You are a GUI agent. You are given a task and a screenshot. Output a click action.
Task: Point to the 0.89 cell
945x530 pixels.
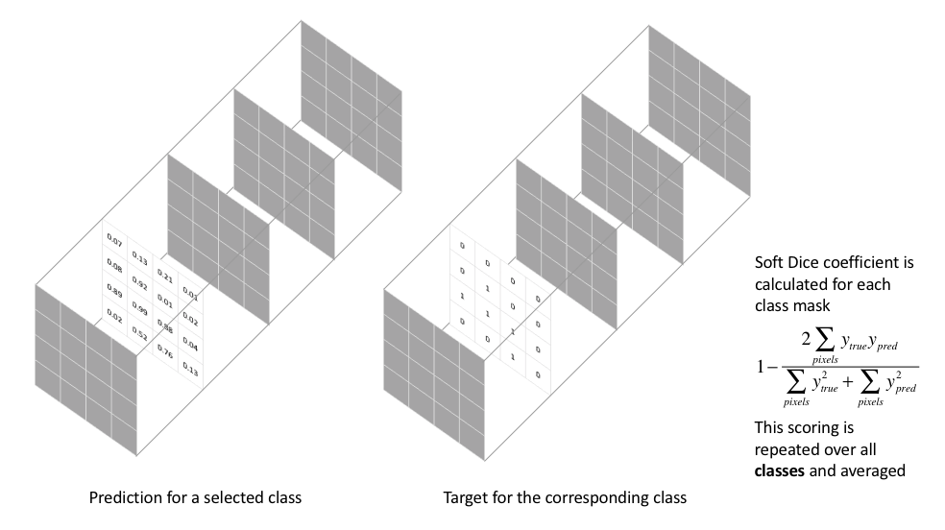pyautogui.click(x=114, y=289)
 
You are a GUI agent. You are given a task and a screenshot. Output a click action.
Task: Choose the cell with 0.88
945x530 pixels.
pyautogui.click(x=165, y=327)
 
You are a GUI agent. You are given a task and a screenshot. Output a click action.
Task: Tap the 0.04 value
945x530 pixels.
pyautogui.click(x=190, y=346)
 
